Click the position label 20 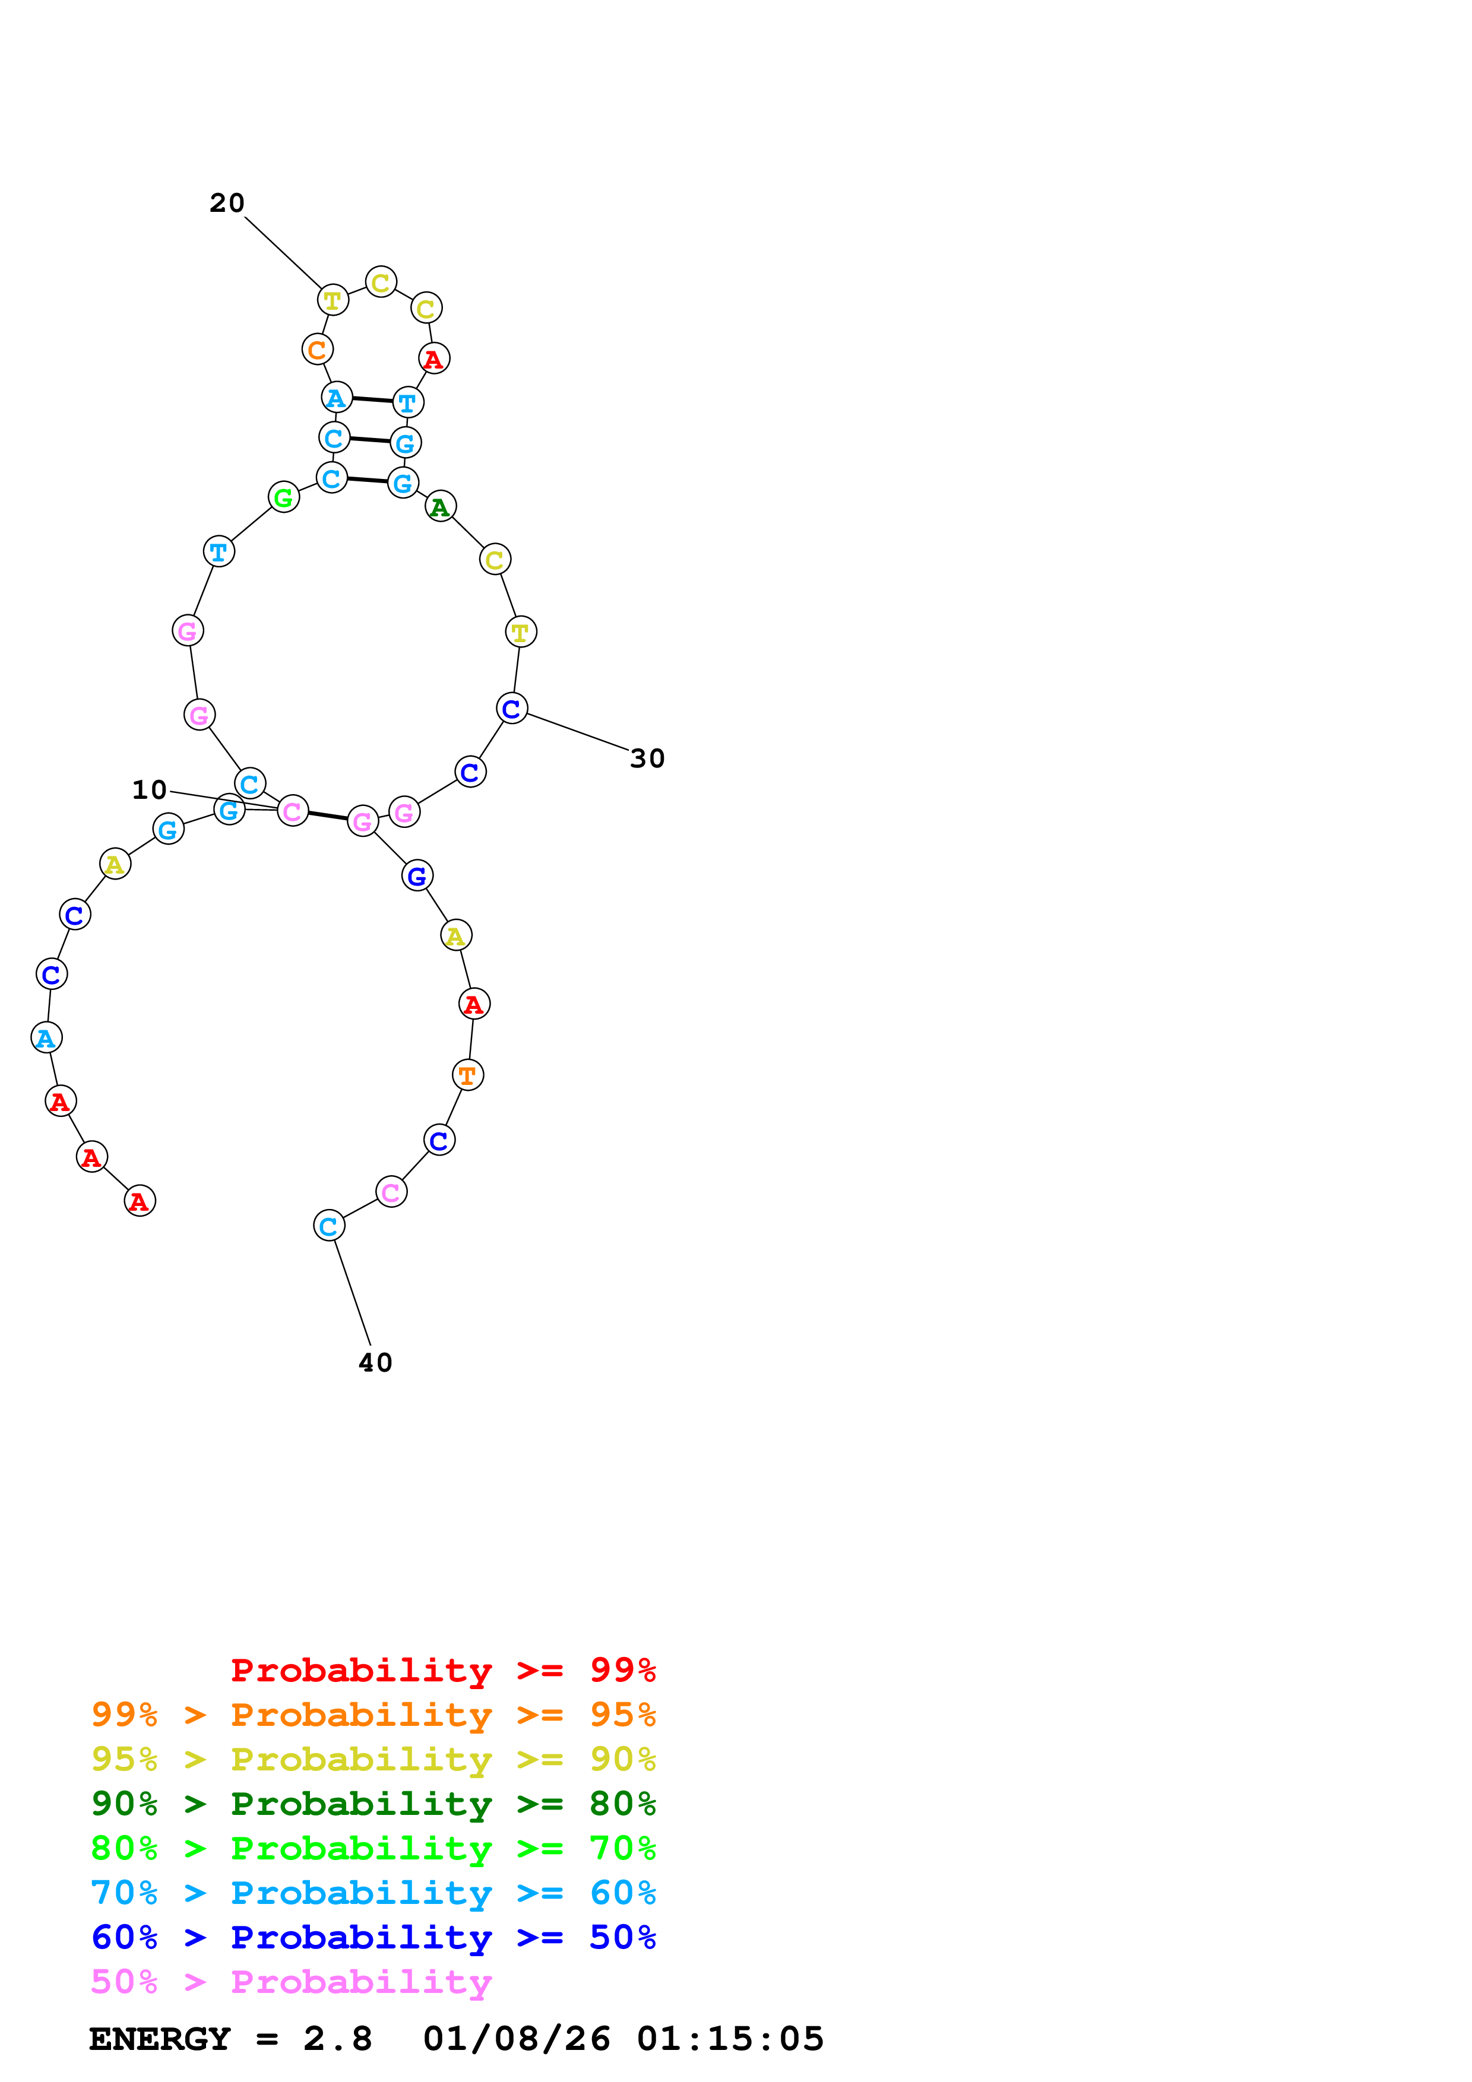[x=227, y=203]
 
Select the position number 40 [x=375, y=1363]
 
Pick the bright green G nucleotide [x=284, y=497]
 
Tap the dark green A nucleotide [x=441, y=507]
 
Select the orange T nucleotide [x=468, y=1075]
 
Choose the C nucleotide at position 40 [x=329, y=1226]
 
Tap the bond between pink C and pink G [x=327, y=815]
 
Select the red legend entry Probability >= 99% [x=442, y=1670]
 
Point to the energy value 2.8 [x=337, y=2039]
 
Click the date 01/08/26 [x=516, y=2039]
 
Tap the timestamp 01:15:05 [x=730, y=2039]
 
